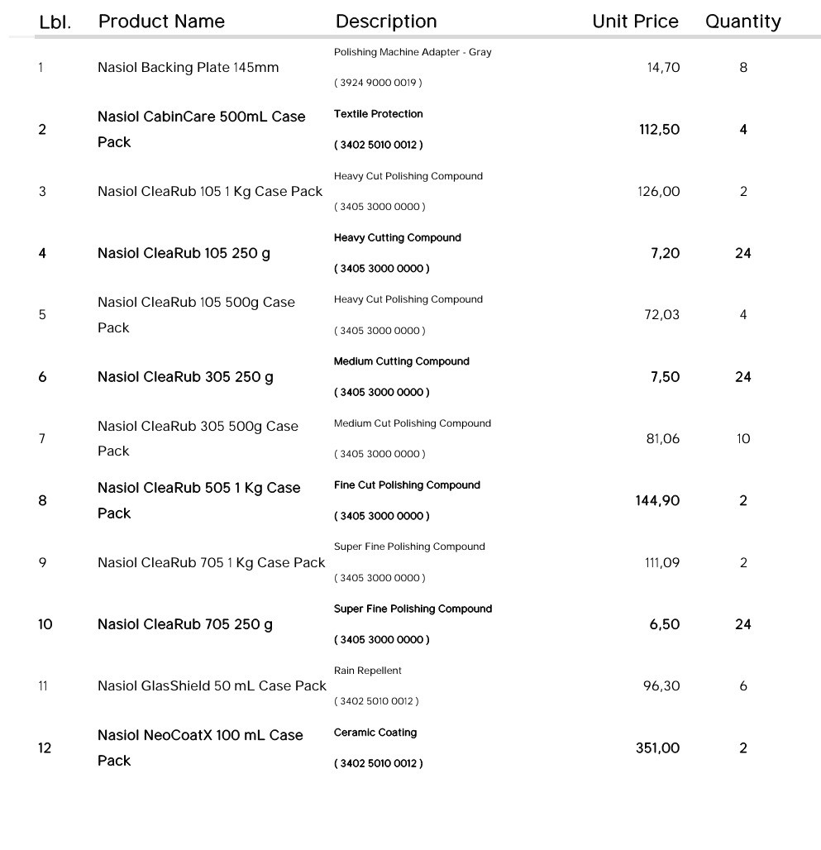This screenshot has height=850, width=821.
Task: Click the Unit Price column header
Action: tap(635, 21)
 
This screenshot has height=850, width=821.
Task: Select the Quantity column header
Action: tap(742, 21)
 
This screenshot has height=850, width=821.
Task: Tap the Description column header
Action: tap(386, 21)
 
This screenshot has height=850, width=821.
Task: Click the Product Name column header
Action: tap(161, 21)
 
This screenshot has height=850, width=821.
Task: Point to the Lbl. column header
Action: tap(55, 22)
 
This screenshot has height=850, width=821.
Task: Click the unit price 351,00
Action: tap(657, 748)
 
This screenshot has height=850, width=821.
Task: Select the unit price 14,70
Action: tap(663, 68)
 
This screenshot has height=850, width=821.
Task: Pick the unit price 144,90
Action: tap(657, 501)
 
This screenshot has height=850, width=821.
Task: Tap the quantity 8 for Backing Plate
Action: tap(743, 68)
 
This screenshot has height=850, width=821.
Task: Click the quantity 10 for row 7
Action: tap(743, 439)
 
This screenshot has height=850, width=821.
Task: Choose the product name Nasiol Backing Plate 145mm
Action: tap(188, 68)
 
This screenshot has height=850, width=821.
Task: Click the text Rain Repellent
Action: tap(368, 671)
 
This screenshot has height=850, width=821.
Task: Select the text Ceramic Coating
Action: tap(375, 733)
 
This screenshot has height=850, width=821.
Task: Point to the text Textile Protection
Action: tap(378, 114)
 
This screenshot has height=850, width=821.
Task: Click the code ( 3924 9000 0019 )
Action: tap(378, 83)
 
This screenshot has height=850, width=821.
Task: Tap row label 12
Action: tap(45, 748)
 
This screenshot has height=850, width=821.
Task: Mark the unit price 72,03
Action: tap(661, 315)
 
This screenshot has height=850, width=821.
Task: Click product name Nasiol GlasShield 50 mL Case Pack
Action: tap(212, 686)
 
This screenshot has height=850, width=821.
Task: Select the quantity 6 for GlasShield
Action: tap(743, 686)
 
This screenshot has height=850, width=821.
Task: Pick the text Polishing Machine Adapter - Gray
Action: tap(413, 52)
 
